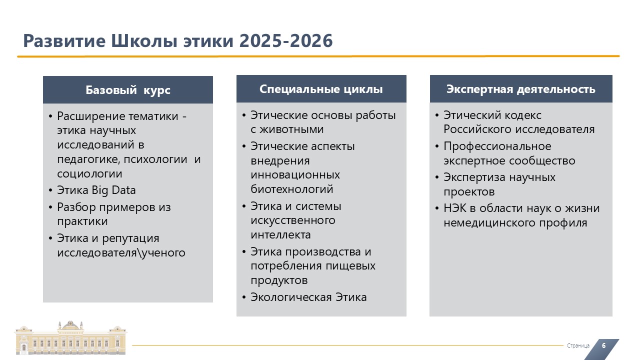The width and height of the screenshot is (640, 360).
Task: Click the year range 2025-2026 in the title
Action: click(x=285, y=40)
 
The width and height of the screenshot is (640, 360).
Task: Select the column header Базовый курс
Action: click(x=128, y=90)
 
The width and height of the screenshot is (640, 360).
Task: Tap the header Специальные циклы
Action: click(x=321, y=89)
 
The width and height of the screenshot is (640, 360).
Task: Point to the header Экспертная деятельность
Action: click(x=521, y=89)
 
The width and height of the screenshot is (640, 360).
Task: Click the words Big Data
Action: click(x=113, y=190)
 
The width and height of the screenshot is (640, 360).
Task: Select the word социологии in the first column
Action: click(x=89, y=173)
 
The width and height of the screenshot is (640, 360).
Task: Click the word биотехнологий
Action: click(x=291, y=189)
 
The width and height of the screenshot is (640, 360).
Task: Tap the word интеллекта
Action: click(x=280, y=234)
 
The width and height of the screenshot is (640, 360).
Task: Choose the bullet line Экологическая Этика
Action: click(x=308, y=297)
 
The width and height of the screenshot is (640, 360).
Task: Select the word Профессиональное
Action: click(x=497, y=146)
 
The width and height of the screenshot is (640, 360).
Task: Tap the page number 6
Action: click(x=603, y=345)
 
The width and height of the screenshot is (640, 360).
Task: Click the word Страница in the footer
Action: click(x=578, y=345)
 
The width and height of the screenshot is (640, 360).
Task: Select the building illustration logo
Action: click(x=70, y=337)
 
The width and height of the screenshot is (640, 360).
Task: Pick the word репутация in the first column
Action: click(x=130, y=238)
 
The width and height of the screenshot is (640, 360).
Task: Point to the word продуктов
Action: click(x=279, y=280)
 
